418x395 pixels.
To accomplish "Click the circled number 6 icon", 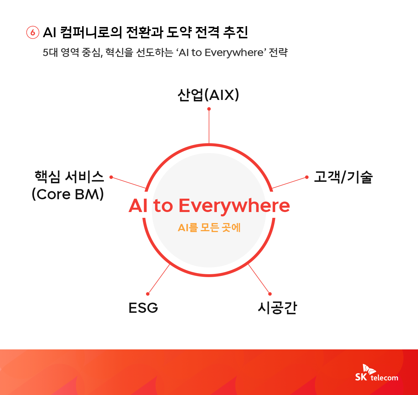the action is click(x=33, y=33).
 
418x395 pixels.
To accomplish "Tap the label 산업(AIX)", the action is click(x=208, y=95).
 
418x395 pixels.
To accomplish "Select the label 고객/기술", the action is click(x=343, y=177).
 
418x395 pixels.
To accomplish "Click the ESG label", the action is click(x=143, y=308).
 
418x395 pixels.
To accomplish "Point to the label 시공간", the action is click(x=278, y=308).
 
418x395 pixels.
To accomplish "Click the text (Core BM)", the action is click(x=68, y=194).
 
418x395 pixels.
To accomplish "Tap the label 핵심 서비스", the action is click(x=69, y=177).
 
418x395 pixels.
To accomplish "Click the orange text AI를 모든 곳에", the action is click(x=209, y=227).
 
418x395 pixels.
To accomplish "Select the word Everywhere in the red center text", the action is click(x=234, y=206).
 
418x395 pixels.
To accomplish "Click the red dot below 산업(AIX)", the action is click(x=209, y=109).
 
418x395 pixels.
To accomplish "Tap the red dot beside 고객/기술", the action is click(x=307, y=177).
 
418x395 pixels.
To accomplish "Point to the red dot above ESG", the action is click(x=148, y=294).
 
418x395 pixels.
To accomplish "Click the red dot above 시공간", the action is click(x=270, y=294).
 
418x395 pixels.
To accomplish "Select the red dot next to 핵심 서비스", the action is click(x=111, y=177).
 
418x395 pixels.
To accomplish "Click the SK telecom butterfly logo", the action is click(x=369, y=369).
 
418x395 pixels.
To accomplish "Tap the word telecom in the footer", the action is click(x=384, y=378).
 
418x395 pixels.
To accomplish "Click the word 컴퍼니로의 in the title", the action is click(x=91, y=33).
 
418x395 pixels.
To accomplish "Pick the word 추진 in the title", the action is click(x=235, y=33).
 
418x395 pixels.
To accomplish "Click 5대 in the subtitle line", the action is click(x=50, y=53).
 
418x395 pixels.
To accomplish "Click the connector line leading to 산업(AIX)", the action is click(x=209, y=126).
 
